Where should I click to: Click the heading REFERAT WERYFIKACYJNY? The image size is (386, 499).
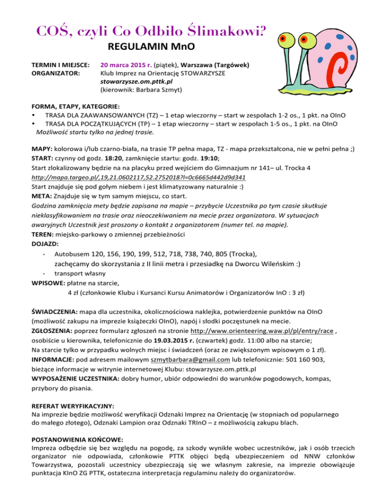click(x=72, y=405)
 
